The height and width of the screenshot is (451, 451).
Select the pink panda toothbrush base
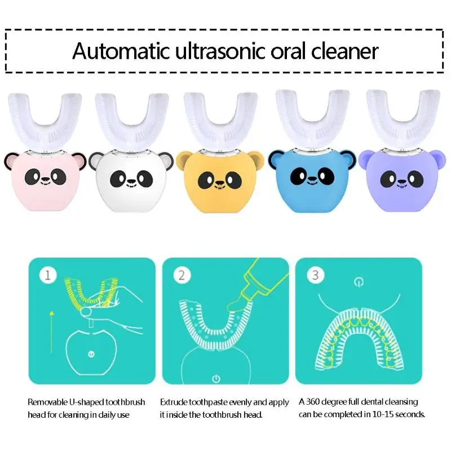(x=45, y=182)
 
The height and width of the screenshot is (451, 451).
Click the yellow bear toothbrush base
(x=220, y=182)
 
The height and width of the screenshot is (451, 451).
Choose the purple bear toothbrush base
(x=402, y=180)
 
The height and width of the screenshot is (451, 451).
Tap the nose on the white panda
(x=131, y=182)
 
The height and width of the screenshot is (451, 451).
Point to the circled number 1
(x=48, y=275)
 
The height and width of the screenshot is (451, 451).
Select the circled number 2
(x=182, y=275)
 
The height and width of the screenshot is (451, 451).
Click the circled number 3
(x=315, y=275)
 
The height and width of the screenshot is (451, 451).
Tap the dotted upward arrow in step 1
(x=51, y=331)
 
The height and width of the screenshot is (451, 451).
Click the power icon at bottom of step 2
(x=216, y=378)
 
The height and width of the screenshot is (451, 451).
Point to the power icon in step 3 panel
(x=359, y=282)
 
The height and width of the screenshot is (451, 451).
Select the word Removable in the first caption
(x=47, y=402)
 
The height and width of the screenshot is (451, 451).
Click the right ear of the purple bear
(x=438, y=157)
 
